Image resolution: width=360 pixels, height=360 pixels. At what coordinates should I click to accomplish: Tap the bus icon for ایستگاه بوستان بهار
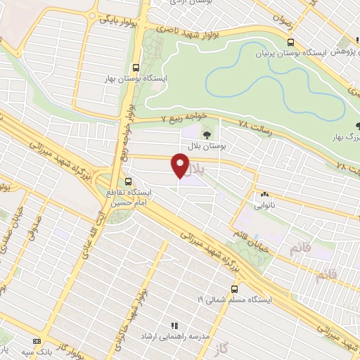[134, 68]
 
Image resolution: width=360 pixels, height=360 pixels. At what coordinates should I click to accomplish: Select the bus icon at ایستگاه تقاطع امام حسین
[127, 181]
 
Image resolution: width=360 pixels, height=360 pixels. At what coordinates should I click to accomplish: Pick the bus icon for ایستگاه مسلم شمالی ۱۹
[233, 288]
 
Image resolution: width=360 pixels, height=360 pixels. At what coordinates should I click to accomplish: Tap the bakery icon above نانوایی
[265, 194]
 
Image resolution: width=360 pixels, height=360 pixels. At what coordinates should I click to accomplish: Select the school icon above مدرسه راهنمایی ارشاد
[174, 326]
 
